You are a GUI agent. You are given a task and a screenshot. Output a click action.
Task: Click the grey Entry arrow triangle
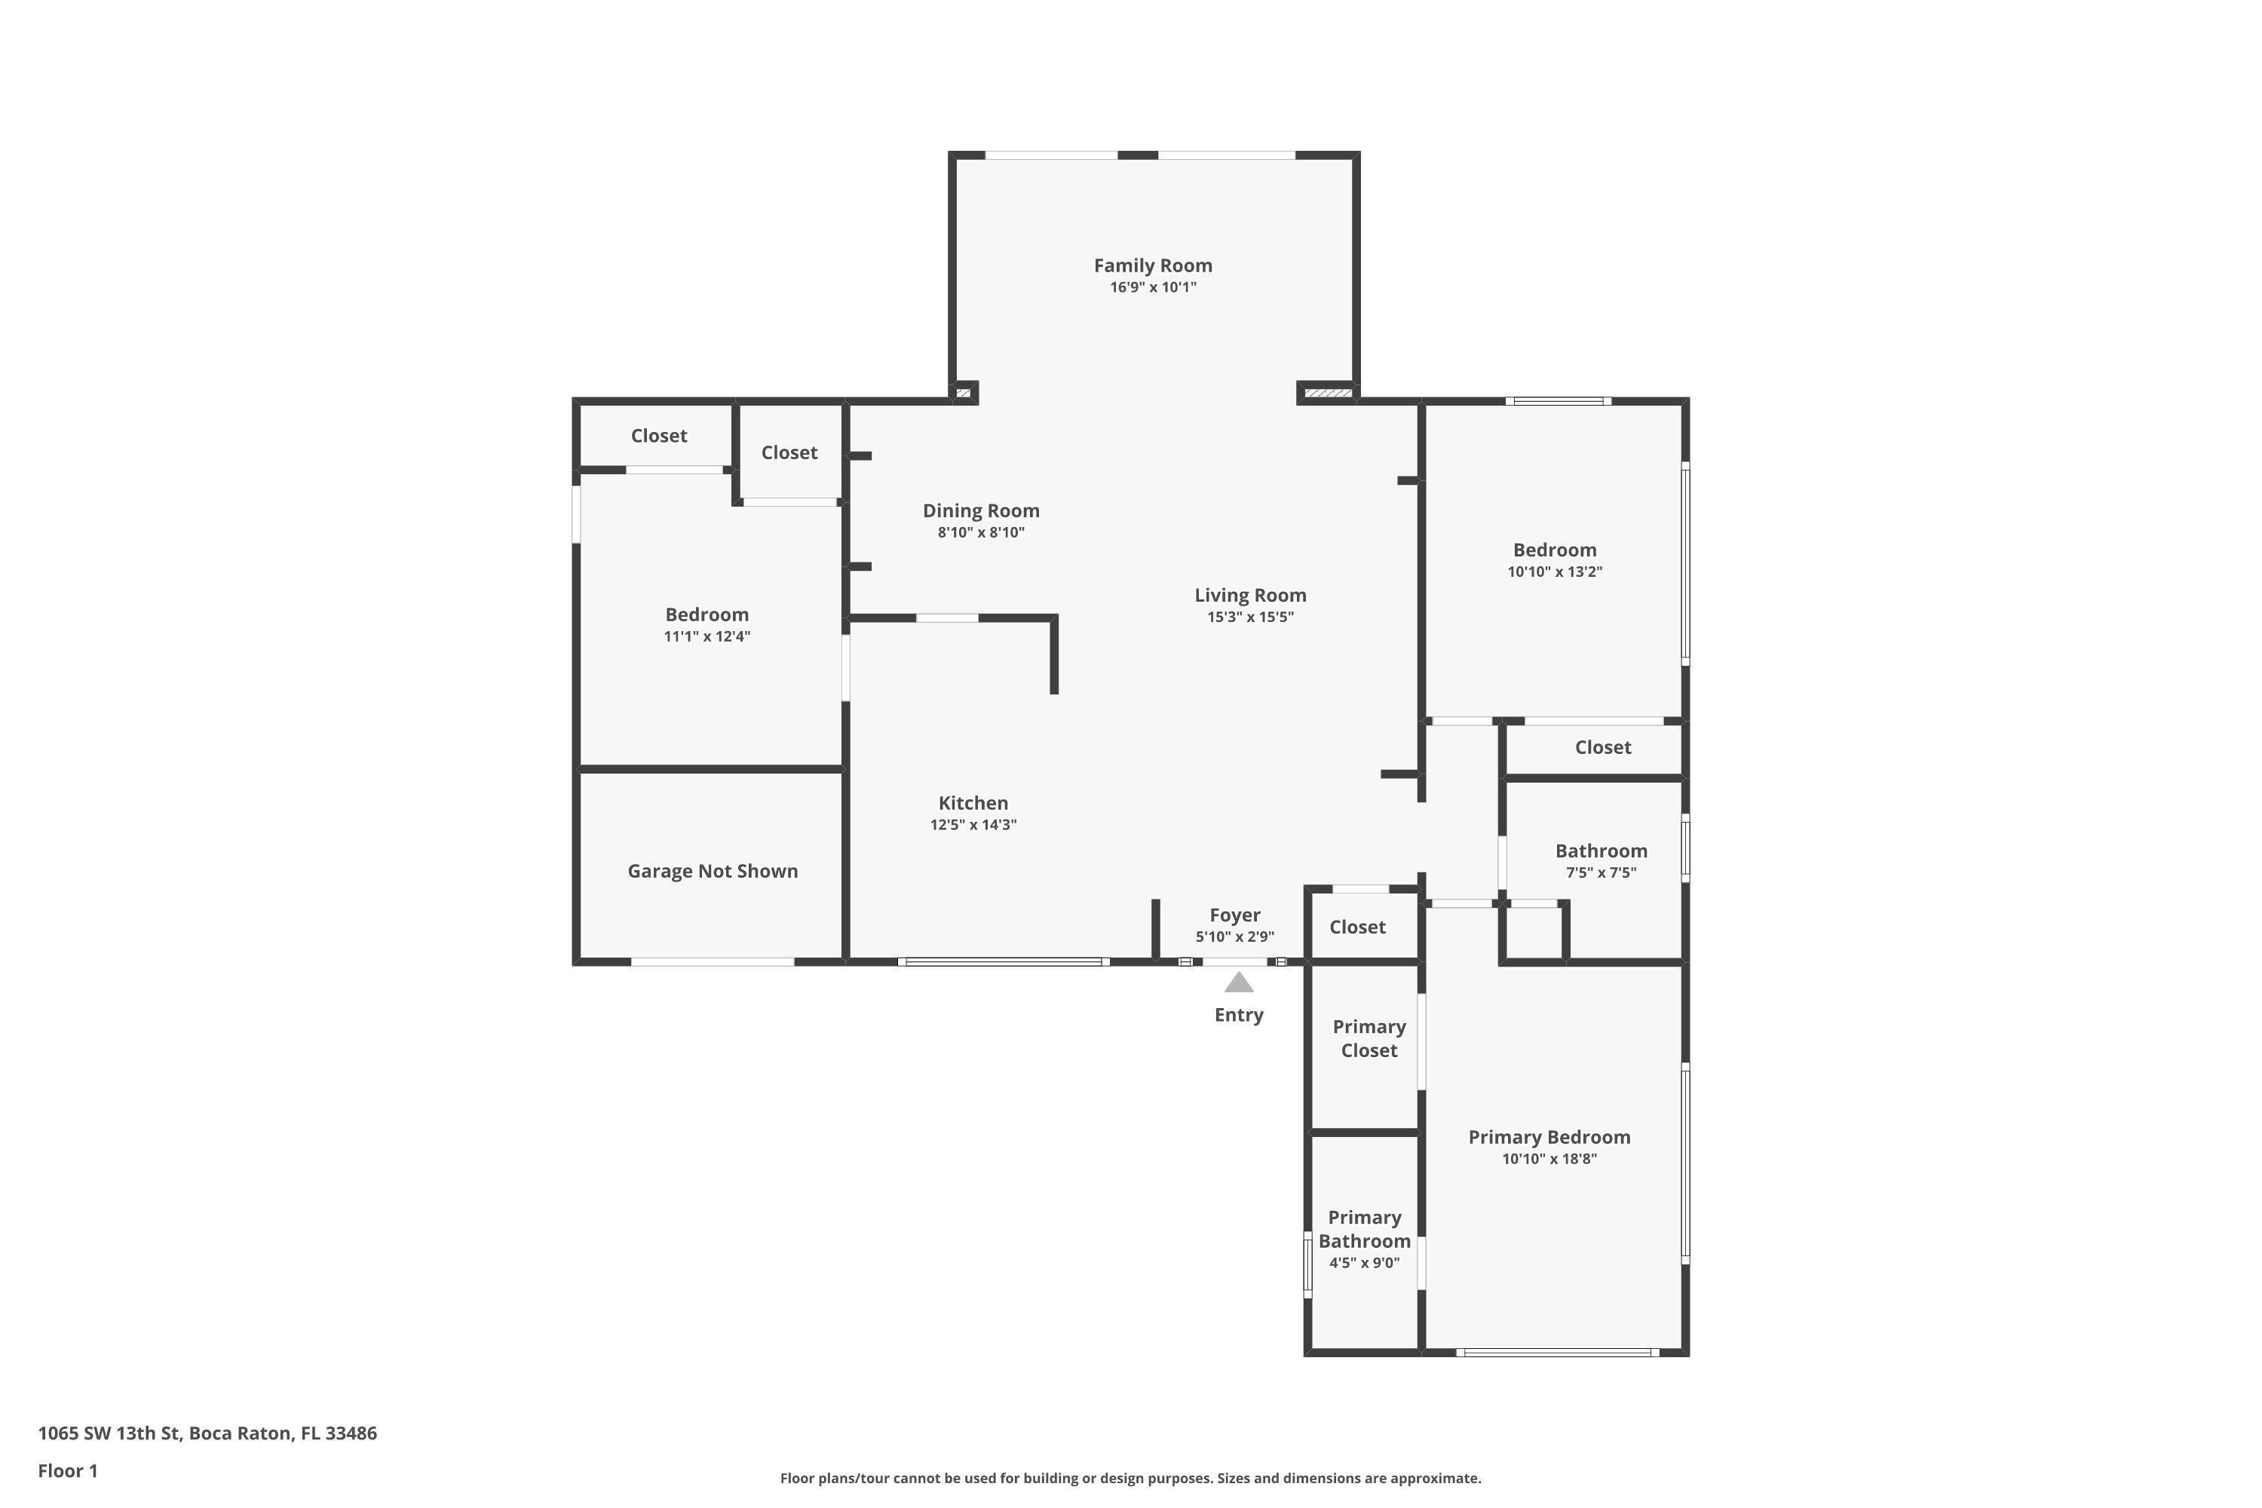point(1239,983)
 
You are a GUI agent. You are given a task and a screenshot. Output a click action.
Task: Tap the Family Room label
point(1152,265)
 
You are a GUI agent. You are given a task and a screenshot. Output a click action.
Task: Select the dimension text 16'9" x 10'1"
point(1152,287)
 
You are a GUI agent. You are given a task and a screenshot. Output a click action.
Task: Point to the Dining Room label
point(981,510)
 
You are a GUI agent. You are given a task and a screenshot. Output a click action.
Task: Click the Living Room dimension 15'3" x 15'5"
point(1250,618)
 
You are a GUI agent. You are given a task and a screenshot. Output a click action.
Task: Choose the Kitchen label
point(973,803)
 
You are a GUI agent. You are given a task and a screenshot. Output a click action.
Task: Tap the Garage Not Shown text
point(713,872)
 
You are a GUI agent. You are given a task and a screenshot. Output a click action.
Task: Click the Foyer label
point(1235,915)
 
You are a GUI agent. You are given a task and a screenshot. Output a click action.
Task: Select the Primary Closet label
point(1369,1039)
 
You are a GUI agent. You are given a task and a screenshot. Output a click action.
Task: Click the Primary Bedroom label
point(1549,1138)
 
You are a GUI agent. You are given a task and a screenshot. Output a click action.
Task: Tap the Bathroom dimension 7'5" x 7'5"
point(1600,873)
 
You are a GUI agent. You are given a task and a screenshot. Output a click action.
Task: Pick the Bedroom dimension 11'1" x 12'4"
point(707,636)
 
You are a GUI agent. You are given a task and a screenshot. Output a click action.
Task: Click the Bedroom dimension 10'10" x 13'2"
point(1554,572)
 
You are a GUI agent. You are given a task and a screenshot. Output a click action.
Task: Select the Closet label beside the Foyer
point(1357,927)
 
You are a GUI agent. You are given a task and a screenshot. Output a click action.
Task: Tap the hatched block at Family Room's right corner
point(1328,392)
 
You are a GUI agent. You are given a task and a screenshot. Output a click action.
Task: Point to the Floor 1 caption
point(67,1470)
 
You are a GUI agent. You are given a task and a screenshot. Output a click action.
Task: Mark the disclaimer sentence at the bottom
point(1130,1478)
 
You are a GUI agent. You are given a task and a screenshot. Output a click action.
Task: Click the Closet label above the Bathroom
point(1602,747)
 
